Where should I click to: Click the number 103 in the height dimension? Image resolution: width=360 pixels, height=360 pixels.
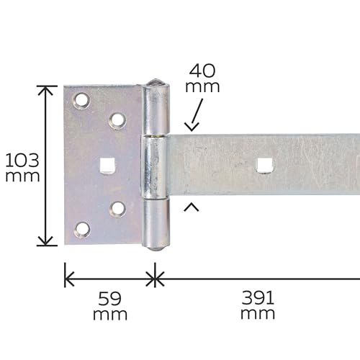pyautogui.click(x=22, y=159)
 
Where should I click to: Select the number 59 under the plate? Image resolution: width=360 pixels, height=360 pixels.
pyautogui.click(x=109, y=297)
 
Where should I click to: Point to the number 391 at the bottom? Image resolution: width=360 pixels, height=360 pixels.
pyautogui.click(x=258, y=297)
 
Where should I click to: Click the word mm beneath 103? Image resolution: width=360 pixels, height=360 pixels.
pyautogui.click(x=22, y=176)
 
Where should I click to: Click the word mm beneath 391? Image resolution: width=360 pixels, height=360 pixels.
pyautogui.click(x=258, y=314)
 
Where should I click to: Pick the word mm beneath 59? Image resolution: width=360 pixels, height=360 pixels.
pyautogui.click(x=109, y=314)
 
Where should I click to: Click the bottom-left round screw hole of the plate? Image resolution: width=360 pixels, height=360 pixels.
pyautogui.click(x=82, y=230)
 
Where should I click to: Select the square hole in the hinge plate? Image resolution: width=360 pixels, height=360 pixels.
pyautogui.click(x=107, y=165)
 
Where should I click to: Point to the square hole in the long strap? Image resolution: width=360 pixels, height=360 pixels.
pyautogui.click(x=264, y=166)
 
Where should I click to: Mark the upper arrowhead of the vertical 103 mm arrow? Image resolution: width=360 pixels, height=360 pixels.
pyautogui.click(x=47, y=90)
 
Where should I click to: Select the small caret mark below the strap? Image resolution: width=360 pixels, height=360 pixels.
pyautogui.click(x=192, y=207)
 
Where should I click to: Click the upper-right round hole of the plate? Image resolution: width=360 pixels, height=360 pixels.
pyautogui.click(x=117, y=120)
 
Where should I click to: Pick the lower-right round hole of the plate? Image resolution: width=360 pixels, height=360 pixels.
pyautogui.click(x=117, y=209)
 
